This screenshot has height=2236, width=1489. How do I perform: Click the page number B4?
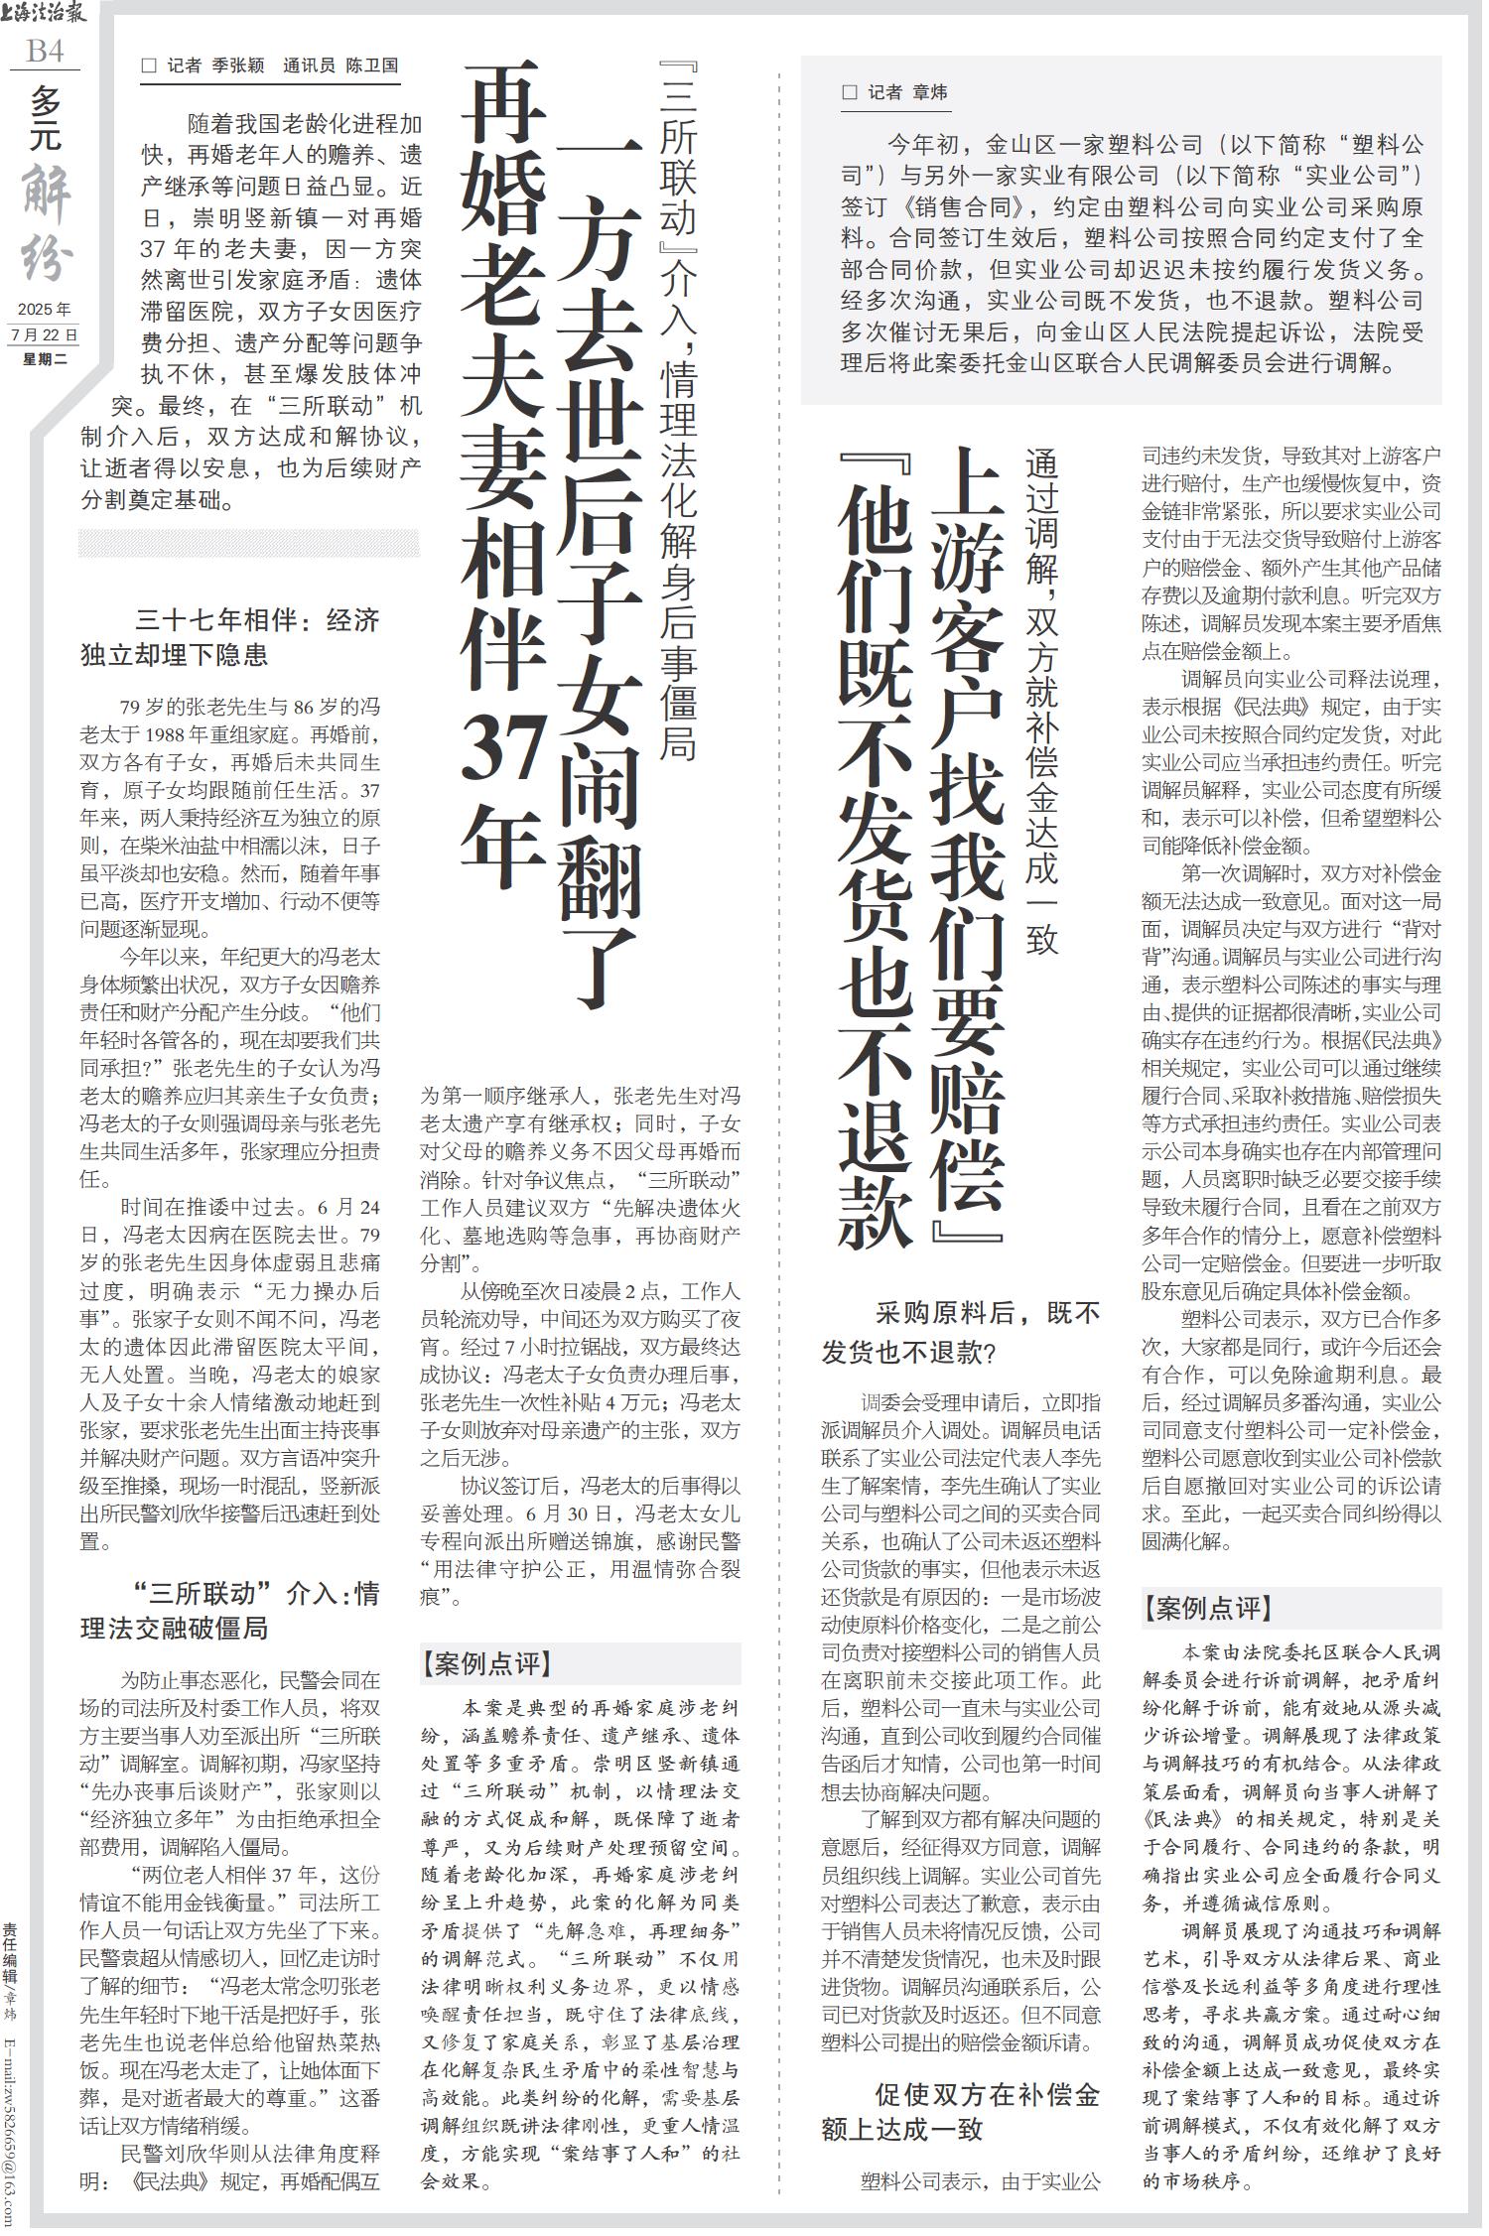pos(45,51)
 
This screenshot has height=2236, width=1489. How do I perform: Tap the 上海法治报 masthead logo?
pos(45,14)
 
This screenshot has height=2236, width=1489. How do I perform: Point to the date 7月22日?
pos(45,334)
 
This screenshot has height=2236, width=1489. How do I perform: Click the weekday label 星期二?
pos(45,358)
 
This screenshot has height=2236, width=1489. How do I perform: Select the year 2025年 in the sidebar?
pos(45,310)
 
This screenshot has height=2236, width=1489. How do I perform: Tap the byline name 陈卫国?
pos(371,66)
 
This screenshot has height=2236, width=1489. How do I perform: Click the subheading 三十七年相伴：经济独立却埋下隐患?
pos(229,637)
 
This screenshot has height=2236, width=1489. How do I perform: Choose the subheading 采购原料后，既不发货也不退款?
pos(961,1331)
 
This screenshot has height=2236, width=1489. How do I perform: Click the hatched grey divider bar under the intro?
pos(249,543)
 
